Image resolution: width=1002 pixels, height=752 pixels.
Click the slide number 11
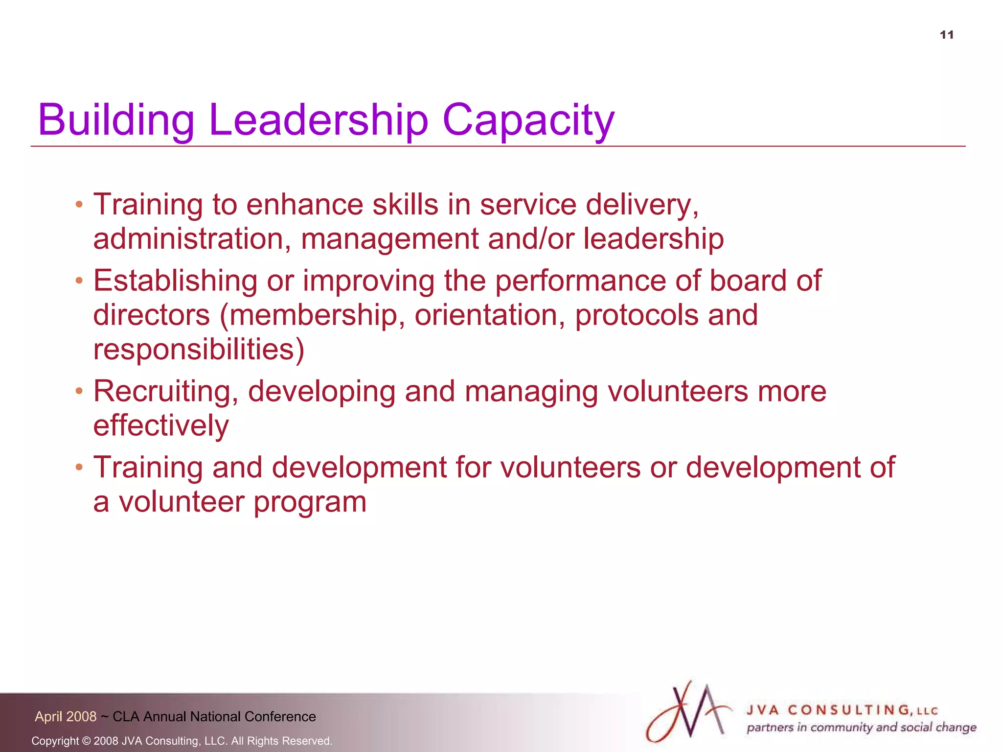(x=947, y=35)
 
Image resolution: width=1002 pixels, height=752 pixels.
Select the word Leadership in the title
(x=319, y=120)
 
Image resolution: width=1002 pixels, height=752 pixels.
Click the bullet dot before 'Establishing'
(x=79, y=281)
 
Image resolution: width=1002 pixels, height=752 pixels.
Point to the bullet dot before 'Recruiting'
(x=79, y=391)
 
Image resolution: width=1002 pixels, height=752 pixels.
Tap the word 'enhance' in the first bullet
(x=304, y=205)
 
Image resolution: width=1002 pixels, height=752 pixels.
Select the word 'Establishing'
(x=175, y=281)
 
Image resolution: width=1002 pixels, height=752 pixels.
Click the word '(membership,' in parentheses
(x=313, y=315)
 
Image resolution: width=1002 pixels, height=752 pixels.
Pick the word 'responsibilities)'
(x=199, y=350)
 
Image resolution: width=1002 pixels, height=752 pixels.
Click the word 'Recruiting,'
(x=166, y=391)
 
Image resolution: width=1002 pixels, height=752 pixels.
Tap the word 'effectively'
(x=161, y=425)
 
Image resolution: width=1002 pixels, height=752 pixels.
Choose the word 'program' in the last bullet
(x=310, y=502)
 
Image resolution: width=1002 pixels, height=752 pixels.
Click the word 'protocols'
(x=636, y=315)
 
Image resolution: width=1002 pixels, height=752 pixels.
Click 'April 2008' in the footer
(x=66, y=717)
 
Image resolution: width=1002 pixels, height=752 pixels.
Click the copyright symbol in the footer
(x=86, y=741)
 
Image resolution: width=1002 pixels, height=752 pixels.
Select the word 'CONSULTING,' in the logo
(x=850, y=710)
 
